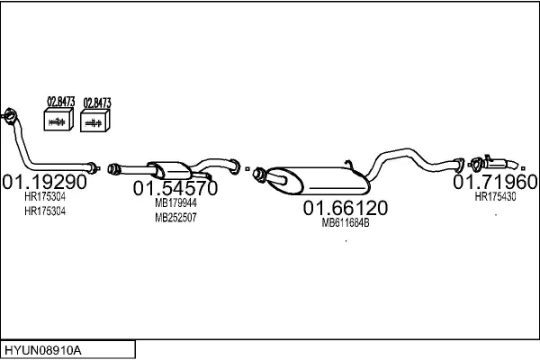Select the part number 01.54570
coord(175,189)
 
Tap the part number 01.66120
coord(345,208)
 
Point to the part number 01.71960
coord(495,181)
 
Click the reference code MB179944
coord(175,203)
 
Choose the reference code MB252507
coord(175,218)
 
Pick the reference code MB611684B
coord(346,223)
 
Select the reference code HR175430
coord(495,196)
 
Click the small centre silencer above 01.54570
coord(171,170)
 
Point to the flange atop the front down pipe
coord(10,113)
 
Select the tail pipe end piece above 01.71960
coord(498,164)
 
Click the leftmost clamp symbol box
coord(59,121)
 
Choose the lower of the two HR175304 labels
coord(45,211)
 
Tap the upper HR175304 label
coord(45,196)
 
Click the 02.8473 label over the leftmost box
coord(60,102)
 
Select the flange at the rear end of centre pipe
coord(235,166)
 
